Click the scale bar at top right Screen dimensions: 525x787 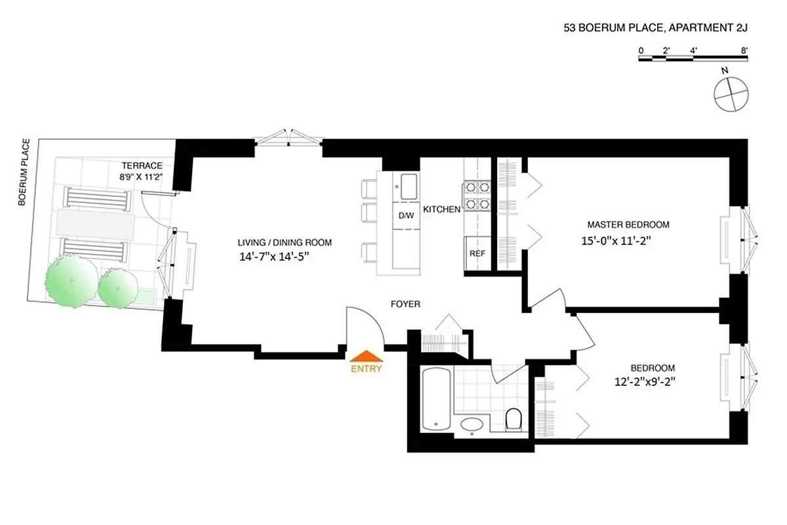click(x=693, y=59)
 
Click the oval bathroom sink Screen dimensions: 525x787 click(x=472, y=425)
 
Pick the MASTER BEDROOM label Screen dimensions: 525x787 click(x=628, y=224)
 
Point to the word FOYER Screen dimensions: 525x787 click(x=405, y=304)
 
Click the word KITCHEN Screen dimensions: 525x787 click(x=442, y=209)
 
